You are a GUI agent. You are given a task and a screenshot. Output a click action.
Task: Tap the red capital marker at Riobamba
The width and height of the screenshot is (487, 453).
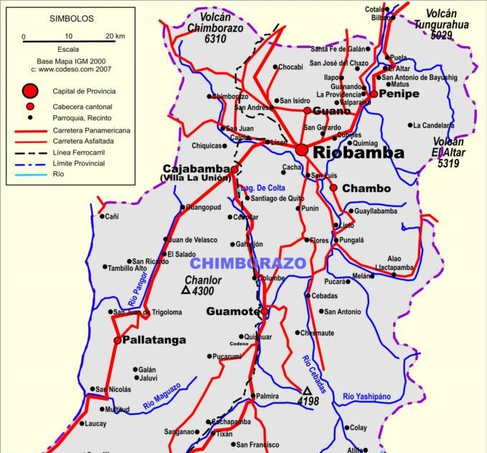click(302, 150)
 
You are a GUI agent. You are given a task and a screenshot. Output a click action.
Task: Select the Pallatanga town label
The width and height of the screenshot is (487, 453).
click(154, 339)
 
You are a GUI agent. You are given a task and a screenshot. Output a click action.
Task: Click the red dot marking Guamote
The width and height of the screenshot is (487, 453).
click(265, 311)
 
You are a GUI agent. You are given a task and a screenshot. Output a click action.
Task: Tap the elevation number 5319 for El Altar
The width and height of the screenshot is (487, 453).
click(449, 163)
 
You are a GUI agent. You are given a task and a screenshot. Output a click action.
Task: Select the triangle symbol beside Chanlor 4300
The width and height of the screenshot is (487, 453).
click(185, 291)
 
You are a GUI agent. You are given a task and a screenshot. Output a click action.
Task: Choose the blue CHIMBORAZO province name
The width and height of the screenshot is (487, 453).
click(248, 262)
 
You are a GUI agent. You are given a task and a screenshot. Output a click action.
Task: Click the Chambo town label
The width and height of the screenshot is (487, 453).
click(366, 188)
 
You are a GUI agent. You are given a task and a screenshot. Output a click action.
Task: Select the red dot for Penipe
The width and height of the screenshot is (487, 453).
click(374, 93)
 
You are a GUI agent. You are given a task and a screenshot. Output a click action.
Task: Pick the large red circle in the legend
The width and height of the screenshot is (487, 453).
click(29, 91)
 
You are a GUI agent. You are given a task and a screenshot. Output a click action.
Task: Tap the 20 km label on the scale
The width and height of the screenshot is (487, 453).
click(115, 36)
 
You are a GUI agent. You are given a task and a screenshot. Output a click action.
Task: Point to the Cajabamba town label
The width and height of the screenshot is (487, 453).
click(196, 169)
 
